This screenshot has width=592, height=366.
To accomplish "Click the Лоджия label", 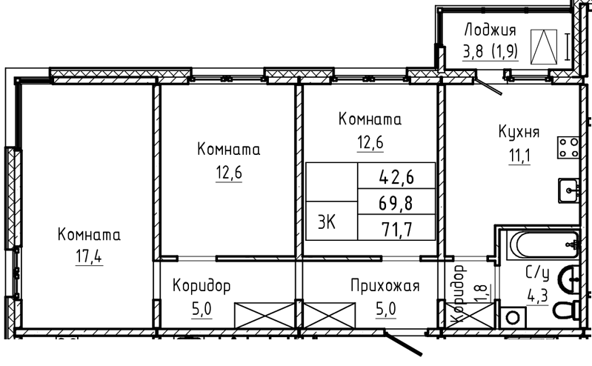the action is pos(490,30).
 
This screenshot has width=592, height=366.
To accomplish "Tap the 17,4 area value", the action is pos(89,257).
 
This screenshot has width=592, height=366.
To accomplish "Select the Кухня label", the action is pos(519,132).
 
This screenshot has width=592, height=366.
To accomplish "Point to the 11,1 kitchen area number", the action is pos(520,156).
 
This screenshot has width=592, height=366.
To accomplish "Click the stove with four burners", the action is pos(568,147).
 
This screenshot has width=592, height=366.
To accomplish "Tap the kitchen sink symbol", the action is pos(568,190).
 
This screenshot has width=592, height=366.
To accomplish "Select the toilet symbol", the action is pos(567,310).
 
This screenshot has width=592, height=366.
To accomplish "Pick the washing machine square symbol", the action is pos(513,317).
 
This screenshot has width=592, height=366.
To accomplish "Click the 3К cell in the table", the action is pos(327,222).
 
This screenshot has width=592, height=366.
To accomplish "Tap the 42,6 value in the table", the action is pos(396,177).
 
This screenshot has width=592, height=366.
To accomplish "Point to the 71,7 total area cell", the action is pos(397,229).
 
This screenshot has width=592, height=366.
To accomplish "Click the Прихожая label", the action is pos(385,286).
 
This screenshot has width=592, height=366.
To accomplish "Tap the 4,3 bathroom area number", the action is pos(538,296).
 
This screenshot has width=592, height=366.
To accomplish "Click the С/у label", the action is pos(537,273).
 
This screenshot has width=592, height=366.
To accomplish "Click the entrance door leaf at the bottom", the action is pos(402,343).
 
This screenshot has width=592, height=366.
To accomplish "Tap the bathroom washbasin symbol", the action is pos(569,280).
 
